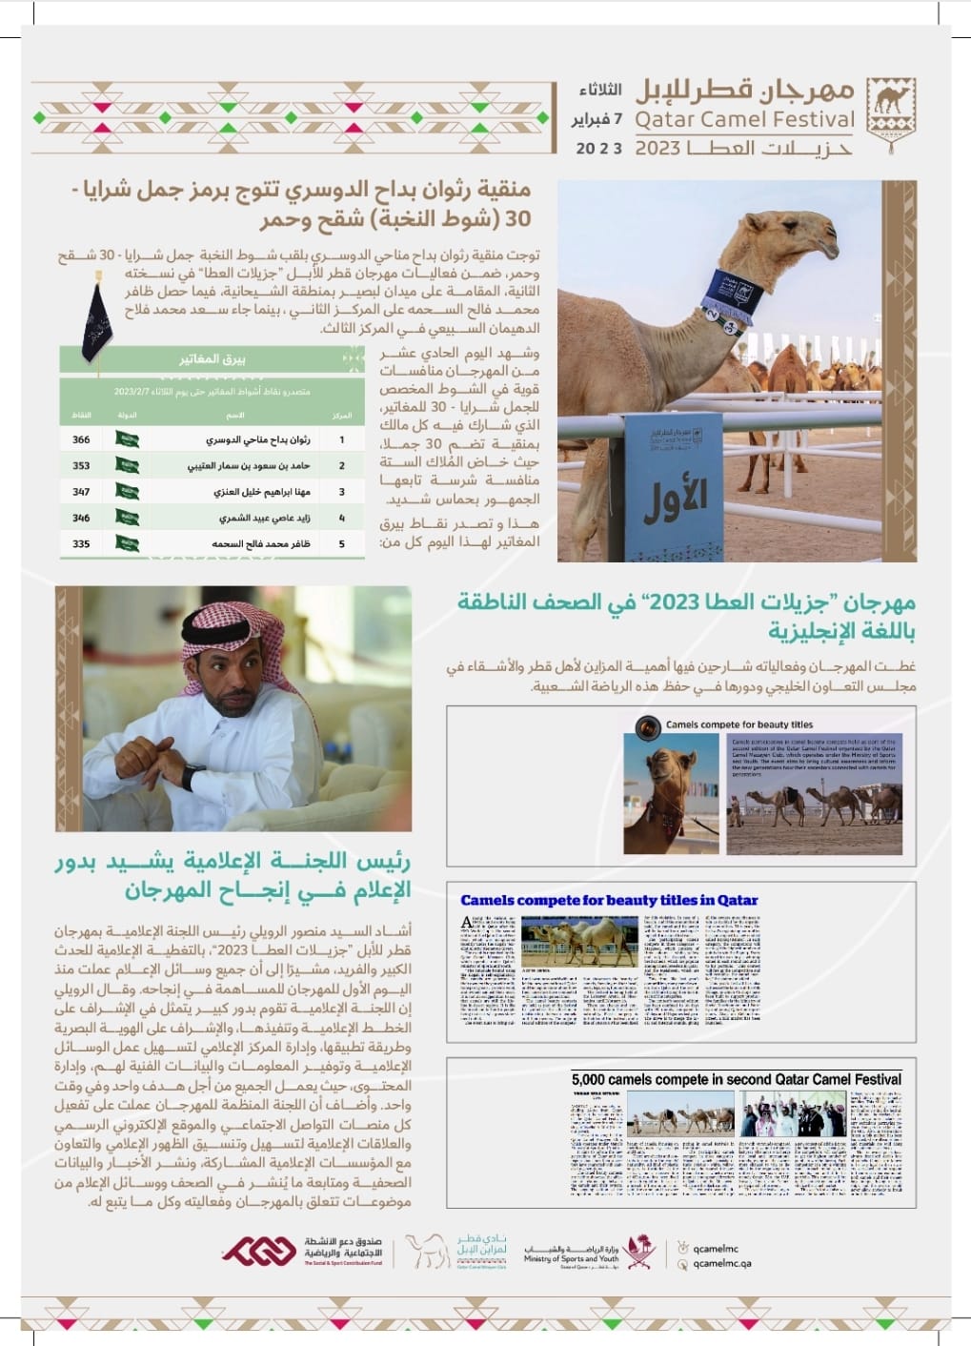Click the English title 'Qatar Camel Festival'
(x=744, y=120)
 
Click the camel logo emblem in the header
(x=891, y=111)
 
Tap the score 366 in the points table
(x=81, y=439)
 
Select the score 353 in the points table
(x=81, y=465)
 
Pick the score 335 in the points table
(x=81, y=543)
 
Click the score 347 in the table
(x=81, y=492)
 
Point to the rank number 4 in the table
(x=342, y=518)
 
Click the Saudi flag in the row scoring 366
(x=128, y=439)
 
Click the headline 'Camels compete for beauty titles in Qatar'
(x=609, y=900)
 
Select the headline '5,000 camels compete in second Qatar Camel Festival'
(x=736, y=1079)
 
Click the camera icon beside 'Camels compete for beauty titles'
(x=648, y=727)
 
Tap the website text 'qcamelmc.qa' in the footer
(x=722, y=1264)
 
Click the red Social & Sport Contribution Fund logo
(x=259, y=1252)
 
